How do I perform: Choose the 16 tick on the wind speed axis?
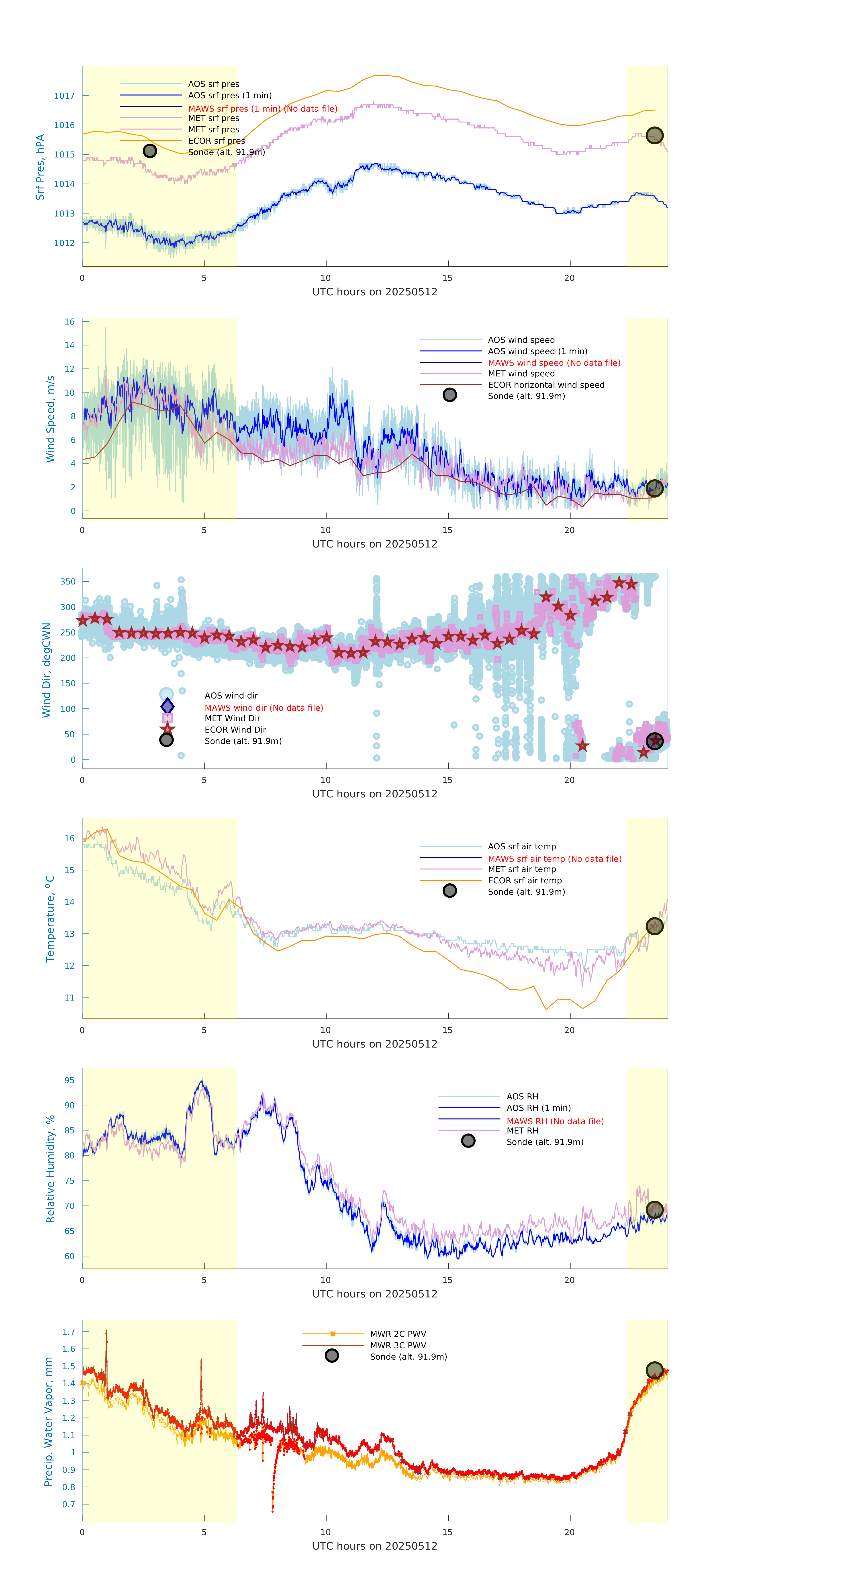click(x=70, y=322)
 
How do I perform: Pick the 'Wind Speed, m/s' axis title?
click(x=51, y=419)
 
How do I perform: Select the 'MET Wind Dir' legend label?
click(x=232, y=718)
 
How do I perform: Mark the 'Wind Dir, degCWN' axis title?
click(x=46, y=670)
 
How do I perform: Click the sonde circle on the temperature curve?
click(x=654, y=926)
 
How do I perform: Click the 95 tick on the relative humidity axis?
click(x=70, y=1080)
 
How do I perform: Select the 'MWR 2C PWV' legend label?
click(x=398, y=1334)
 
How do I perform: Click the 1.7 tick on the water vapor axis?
click(x=68, y=1331)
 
